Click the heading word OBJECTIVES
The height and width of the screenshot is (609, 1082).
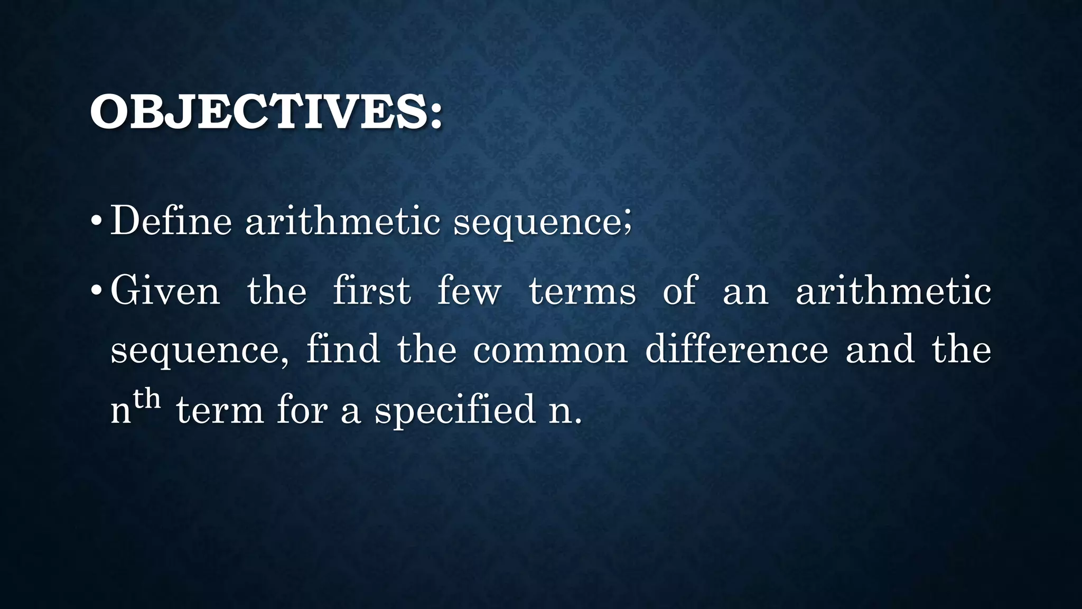click(259, 112)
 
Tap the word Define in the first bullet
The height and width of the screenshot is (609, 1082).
click(171, 220)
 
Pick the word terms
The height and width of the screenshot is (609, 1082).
click(582, 292)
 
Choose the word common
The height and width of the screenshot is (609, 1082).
click(550, 351)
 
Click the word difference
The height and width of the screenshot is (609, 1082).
click(736, 350)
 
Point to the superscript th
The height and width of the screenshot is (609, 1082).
click(146, 398)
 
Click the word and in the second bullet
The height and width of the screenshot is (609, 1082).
click(880, 350)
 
